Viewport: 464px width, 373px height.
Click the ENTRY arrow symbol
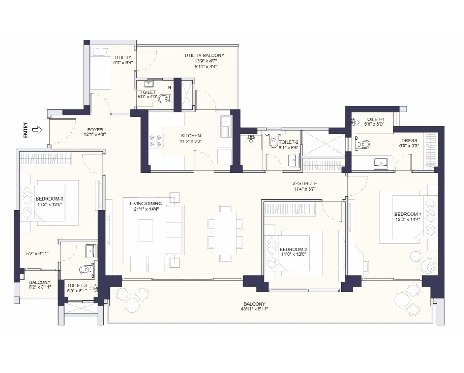click(37, 130)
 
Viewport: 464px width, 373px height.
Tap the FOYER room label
click(95, 130)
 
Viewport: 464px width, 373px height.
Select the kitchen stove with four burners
click(156, 140)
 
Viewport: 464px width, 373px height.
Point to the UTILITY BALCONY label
click(204, 56)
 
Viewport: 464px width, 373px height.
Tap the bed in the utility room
click(100, 67)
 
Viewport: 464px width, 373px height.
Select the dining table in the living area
click(225, 233)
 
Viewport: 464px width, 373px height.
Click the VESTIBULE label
click(304, 183)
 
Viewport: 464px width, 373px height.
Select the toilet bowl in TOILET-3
click(87, 269)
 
